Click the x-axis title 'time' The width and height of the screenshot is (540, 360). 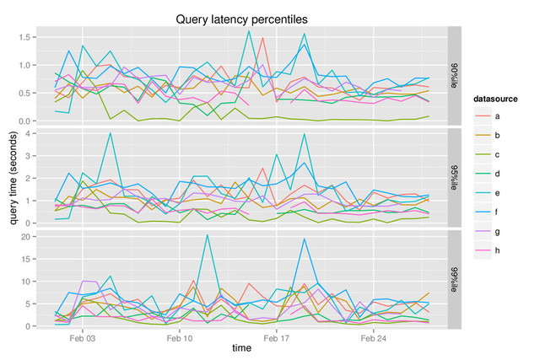coord(241,347)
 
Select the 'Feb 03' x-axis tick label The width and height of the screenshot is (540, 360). coord(83,336)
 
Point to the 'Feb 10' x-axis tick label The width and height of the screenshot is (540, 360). coord(180,336)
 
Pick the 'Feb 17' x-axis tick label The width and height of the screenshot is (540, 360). coord(277,336)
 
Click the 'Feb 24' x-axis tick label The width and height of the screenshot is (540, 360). coord(374,336)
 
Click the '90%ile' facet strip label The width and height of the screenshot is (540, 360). coord(454,74)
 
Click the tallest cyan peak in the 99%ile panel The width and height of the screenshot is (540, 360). coord(207,235)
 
